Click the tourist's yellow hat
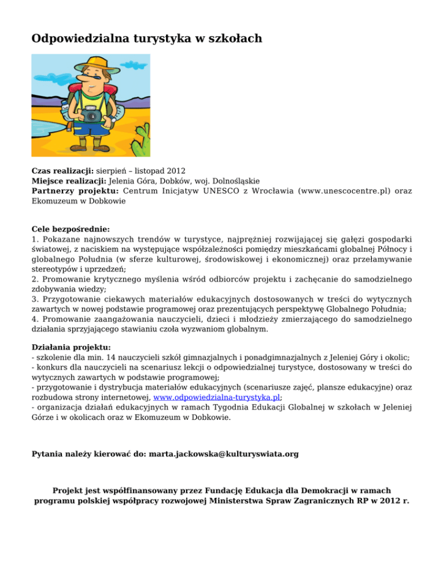point(90,65)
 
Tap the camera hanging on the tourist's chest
point(90,114)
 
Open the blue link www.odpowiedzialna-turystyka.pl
point(217,397)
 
